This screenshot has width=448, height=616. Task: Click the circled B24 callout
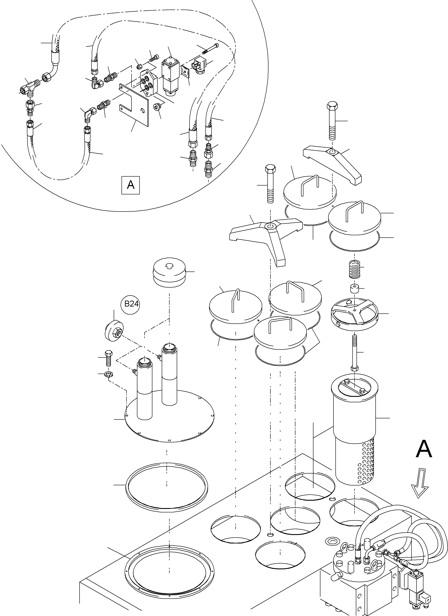[132, 304]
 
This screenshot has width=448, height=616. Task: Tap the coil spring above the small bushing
[355, 269]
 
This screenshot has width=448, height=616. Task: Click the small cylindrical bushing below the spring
[354, 288]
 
